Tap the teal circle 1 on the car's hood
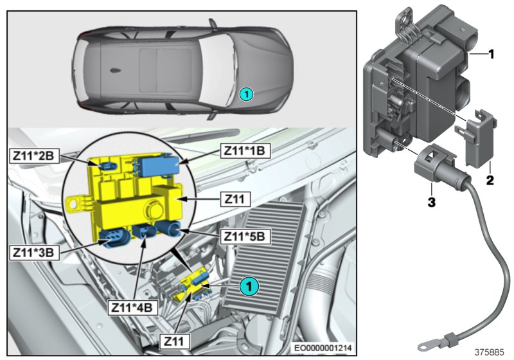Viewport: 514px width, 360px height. coord(247,94)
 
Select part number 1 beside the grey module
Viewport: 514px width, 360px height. coord(491,55)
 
